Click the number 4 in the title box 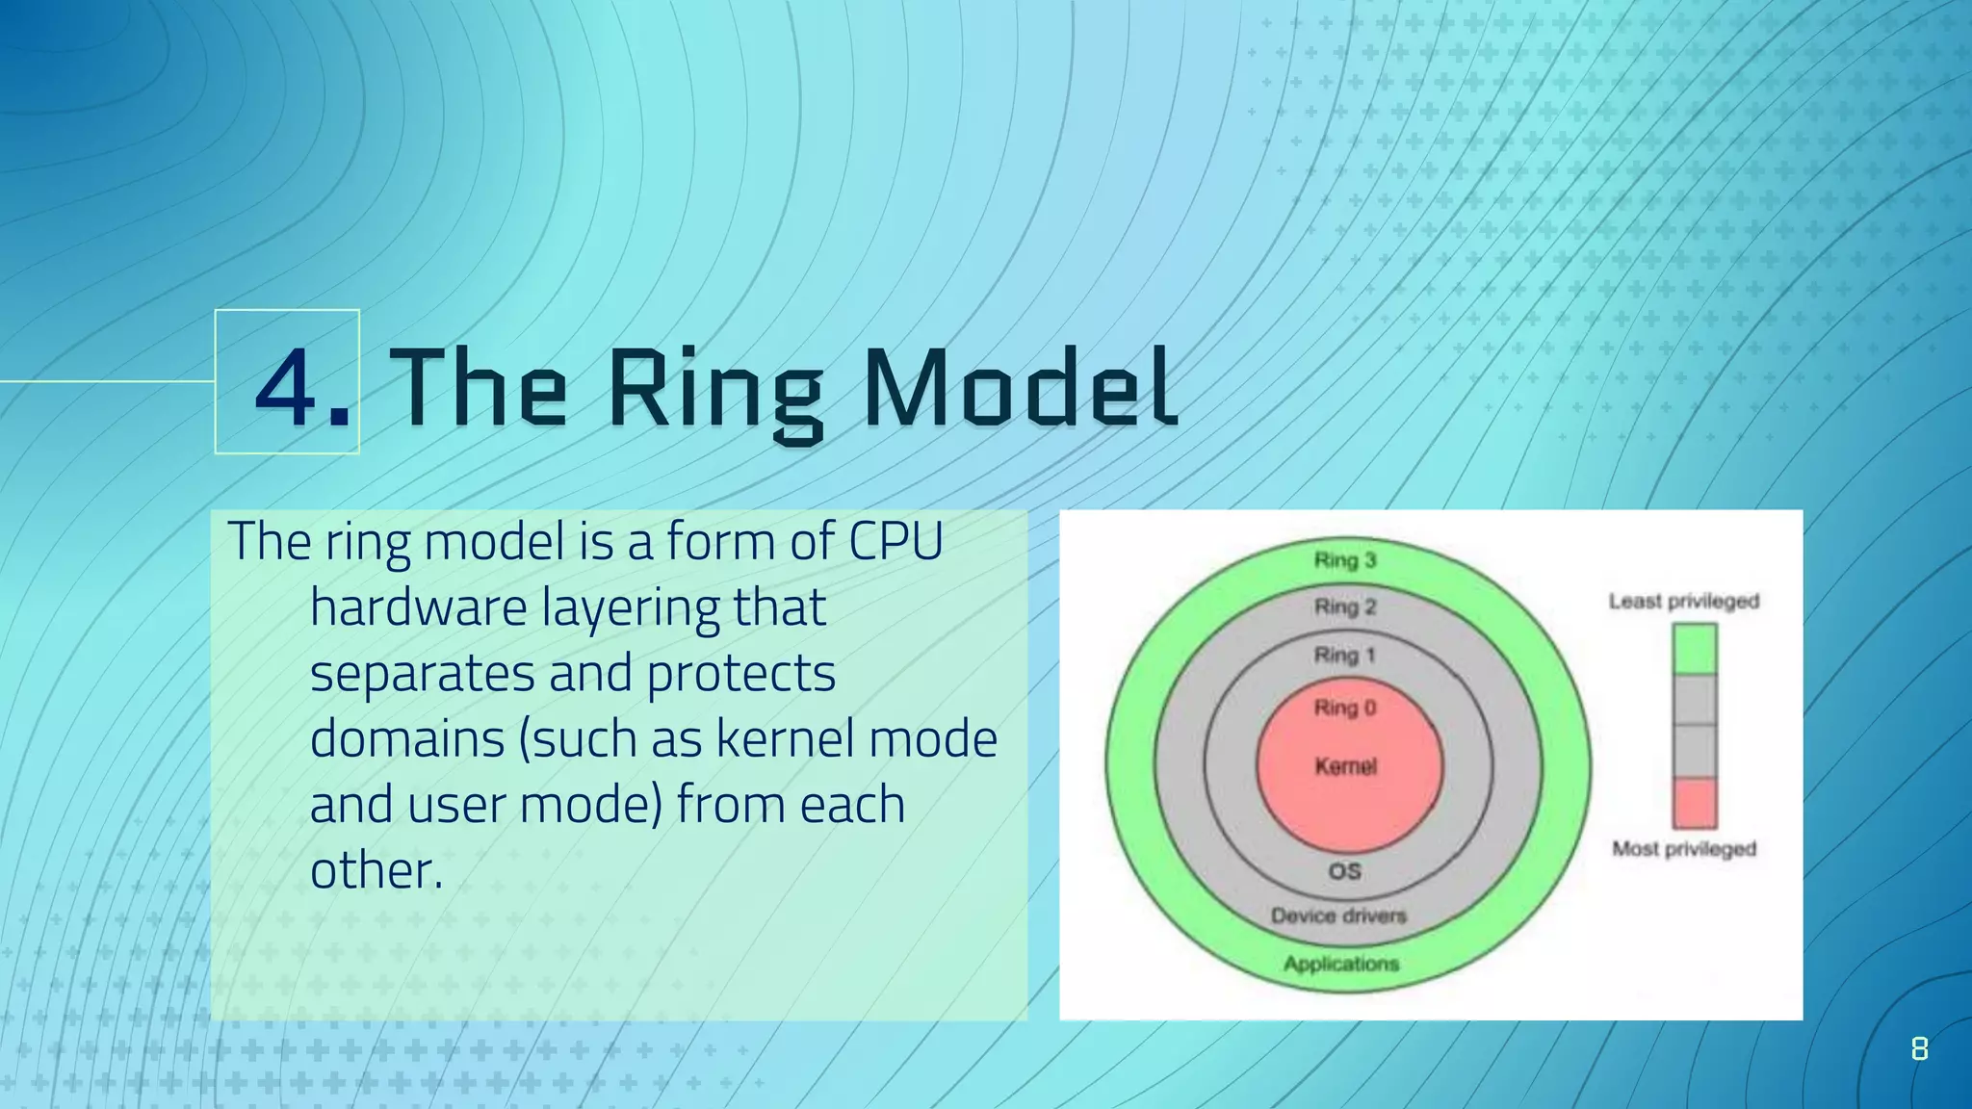point(286,388)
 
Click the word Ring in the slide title point(714,393)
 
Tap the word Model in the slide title point(1020,388)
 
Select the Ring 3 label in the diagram point(1344,560)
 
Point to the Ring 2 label point(1344,607)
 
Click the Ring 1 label point(1344,656)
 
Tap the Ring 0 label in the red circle point(1344,709)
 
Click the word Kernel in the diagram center point(1345,766)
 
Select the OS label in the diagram point(1344,871)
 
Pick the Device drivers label point(1338,916)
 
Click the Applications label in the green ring point(1340,964)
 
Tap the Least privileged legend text point(1683,602)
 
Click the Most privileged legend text point(1683,849)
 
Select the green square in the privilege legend point(1694,649)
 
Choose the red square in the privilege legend point(1694,803)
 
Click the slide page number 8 point(1918,1048)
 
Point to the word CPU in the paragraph point(895,541)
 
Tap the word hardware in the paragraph point(418,608)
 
